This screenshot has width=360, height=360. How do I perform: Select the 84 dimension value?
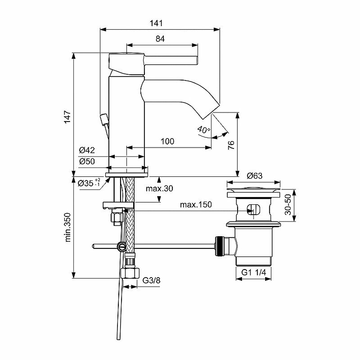[160, 39]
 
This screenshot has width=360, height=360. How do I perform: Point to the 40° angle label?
[203, 130]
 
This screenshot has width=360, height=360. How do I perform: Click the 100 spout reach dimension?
[167, 141]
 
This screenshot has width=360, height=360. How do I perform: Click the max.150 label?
[196, 205]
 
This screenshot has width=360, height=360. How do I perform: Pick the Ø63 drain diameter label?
[255, 175]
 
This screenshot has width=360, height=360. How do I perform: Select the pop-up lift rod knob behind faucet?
[104, 119]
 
